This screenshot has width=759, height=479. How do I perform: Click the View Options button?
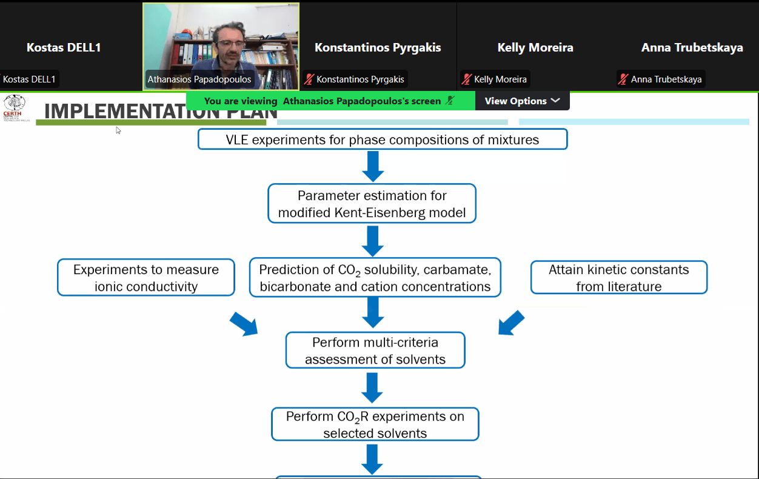click(522, 101)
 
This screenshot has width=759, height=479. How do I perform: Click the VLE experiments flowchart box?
click(383, 139)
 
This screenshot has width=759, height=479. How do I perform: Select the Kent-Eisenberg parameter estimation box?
click(372, 204)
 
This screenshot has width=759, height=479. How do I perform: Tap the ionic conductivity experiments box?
click(146, 278)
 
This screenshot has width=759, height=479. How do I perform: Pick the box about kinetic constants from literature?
click(619, 278)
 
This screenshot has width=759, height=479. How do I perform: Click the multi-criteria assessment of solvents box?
click(375, 350)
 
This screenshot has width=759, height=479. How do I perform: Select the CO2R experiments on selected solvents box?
click(375, 424)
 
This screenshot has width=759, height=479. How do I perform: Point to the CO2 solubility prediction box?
click(375, 278)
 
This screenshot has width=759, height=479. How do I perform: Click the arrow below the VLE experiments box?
click(372, 166)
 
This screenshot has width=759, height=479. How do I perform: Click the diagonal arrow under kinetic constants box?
click(512, 322)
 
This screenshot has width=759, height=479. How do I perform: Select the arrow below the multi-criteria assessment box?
click(372, 387)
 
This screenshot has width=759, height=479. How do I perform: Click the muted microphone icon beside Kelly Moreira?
click(467, 79)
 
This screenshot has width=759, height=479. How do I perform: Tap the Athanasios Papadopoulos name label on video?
click(199, 79)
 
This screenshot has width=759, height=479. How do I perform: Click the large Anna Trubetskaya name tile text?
click(692, 47)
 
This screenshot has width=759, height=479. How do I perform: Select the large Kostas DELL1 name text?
click(64, 47)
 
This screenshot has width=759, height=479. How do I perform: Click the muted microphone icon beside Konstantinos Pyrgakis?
click(309, 79)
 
